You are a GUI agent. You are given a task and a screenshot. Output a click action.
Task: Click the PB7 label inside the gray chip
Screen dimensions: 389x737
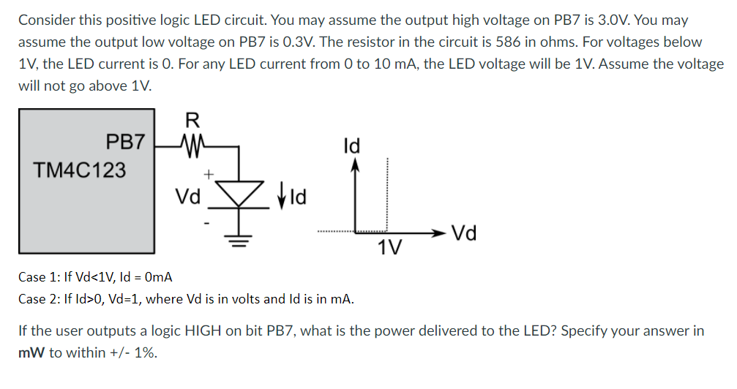pyautogui.click(x=125, y=140)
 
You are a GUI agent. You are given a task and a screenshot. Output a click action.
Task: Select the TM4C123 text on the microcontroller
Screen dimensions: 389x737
pyautogui.click(x=80, y=170)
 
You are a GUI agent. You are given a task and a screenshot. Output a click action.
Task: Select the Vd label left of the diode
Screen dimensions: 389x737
pyautogui.click(x=188, y=196)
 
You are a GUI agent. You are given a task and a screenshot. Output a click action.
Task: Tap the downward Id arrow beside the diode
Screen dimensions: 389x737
pyautogui.click(x=282, y=196)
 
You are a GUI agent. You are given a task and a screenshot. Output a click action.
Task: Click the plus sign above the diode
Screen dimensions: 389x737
pyautogui.click(x=209, y=174)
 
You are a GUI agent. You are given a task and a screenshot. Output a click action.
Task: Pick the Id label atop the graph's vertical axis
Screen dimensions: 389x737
pyautogui.click(x=352, y=145)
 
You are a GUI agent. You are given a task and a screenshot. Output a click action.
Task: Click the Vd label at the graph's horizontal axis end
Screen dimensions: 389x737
pyautogui.click(x=465, y=234)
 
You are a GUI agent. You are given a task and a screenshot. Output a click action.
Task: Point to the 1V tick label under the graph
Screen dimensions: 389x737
pyautogui.click(x=389, y=249)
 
